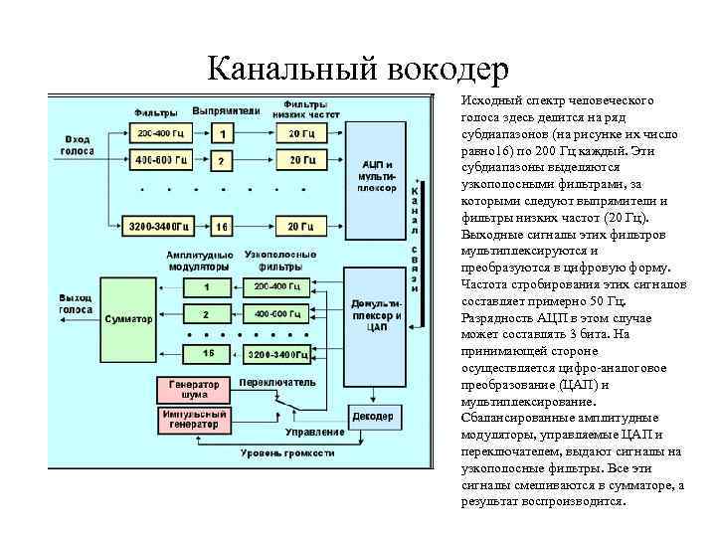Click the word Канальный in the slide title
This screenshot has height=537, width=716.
click(282, 69)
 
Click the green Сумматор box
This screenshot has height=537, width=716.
click(128, 319)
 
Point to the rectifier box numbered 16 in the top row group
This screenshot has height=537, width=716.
click(222, 227)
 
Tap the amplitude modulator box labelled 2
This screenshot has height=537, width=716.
click(207, 314)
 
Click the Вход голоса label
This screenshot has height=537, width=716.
click(79, 145)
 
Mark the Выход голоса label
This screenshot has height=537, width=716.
click(76, 303)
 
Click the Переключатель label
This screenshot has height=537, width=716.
click(278, 382)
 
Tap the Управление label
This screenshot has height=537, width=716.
click(314, 432)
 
